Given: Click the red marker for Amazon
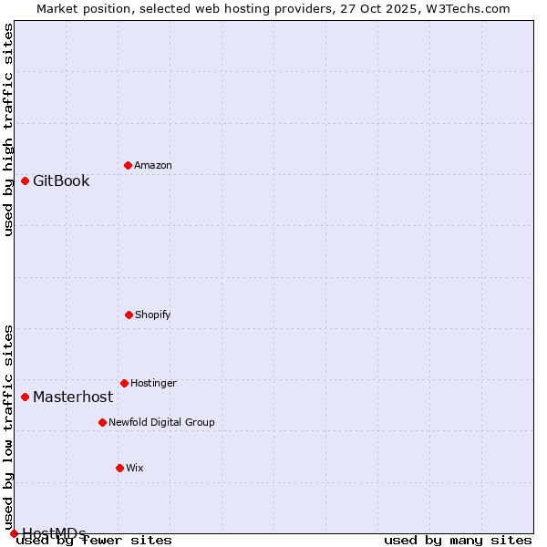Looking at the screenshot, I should coord(128,165).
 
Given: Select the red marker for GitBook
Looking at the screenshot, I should coord(25,181).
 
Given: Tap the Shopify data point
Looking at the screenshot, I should coord(129,315).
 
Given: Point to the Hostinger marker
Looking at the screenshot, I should coord(124,383).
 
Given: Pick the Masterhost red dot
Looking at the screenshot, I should coord(25,397).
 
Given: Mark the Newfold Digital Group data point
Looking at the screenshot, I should coord(102,422).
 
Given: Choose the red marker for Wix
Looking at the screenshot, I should coord(119,468).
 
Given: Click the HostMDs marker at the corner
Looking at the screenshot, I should coord(14,533).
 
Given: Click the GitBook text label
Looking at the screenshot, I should coord(61,181).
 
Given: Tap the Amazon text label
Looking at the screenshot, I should coord(153,165).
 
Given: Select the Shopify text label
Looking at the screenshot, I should coord(153,315).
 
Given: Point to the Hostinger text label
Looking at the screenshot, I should coord(153,383).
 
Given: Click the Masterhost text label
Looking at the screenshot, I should coord(73,397).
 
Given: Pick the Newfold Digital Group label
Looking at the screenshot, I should coord(161,422).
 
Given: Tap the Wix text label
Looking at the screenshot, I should coord(135,468).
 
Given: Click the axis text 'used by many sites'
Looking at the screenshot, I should coord(458,540).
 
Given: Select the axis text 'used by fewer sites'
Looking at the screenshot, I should coord(95,540).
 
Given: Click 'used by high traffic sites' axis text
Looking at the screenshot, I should coord(9,129).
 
